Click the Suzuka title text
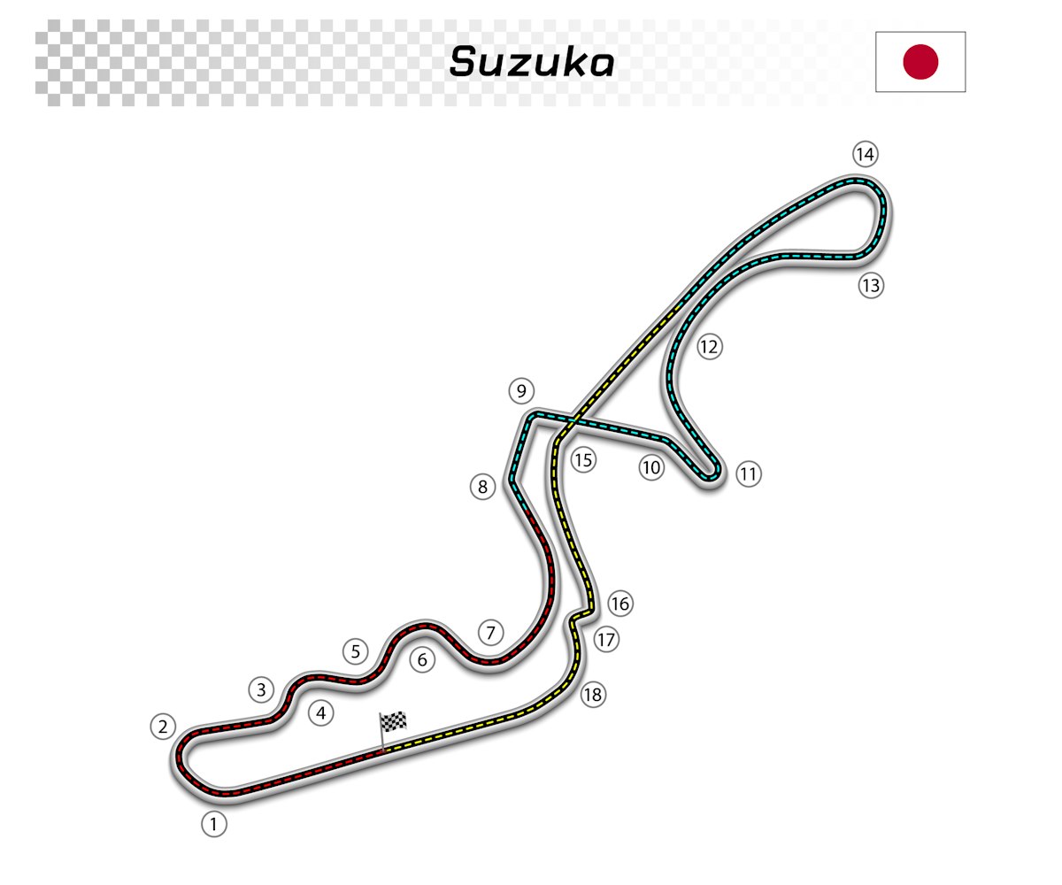coord(531,62)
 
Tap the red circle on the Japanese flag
coord(920,62)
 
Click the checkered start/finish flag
coord(394,722)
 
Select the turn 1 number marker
coord(213,825)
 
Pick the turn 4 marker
coord(321,712)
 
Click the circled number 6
coord(422,659)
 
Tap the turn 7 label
coord(491,633)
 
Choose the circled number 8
coord(482,487)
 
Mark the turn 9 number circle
coord(521,390)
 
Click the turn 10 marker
coord(652,468)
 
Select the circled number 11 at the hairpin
coord(749,473)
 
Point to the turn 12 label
coord(709,346)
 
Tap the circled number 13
coord(872,286)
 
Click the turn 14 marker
coord(865,155)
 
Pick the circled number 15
coord(582,459)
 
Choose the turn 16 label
coord(620,604)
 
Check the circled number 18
coord(592,695)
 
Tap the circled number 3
coord(260,689)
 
